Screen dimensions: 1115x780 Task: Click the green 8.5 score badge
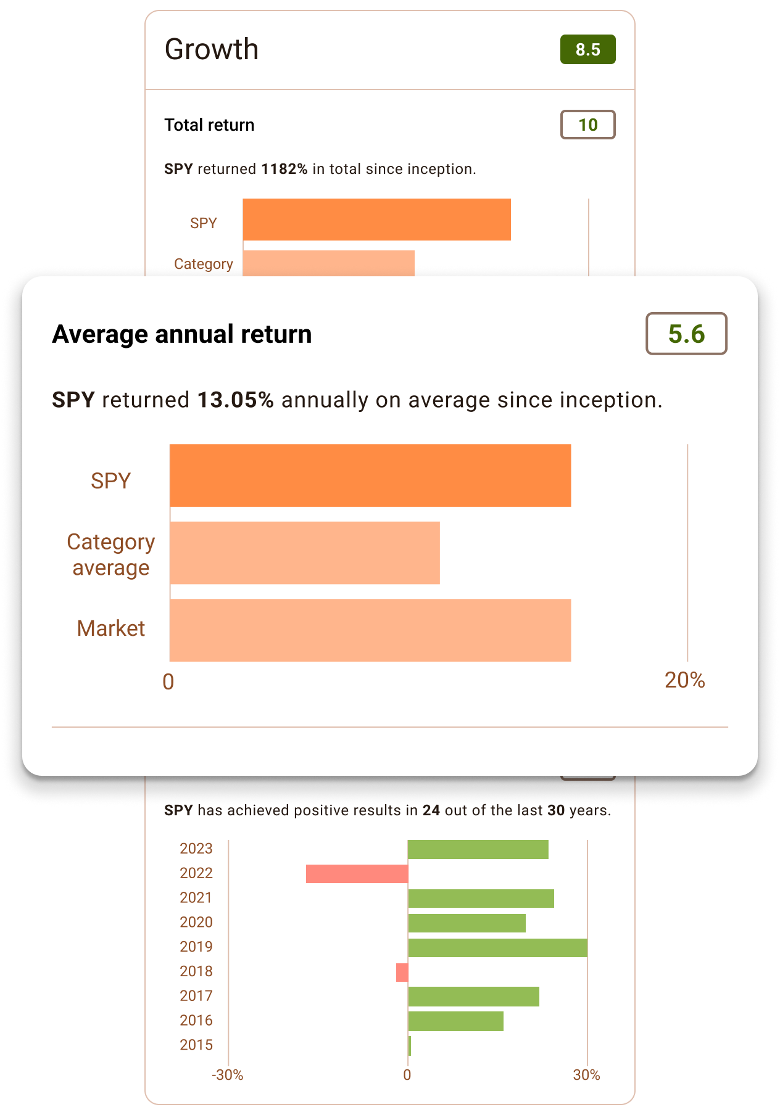coord(587,49)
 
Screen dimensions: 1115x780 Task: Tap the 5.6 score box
coord(686,334)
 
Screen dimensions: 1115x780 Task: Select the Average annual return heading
coord(182,334)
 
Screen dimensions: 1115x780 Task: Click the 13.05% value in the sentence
coord(235,400)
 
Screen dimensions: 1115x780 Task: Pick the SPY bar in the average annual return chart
coord(370,475)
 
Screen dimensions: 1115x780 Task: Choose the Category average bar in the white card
coord(305,553)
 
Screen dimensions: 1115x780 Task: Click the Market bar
coord(370,630)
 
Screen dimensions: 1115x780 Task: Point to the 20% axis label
coord(684,680)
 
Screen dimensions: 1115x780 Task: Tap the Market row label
coord(111,628)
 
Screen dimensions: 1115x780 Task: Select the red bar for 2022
coord(357,873)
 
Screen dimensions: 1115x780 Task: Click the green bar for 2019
coord(497,947)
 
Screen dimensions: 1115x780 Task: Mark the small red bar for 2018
coord(402,972)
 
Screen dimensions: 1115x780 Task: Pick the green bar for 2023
coord(478,849)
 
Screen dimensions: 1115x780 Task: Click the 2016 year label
coord(196,1021)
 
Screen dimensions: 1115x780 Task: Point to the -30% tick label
coord(227,1076)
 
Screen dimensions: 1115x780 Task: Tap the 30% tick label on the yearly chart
coord(586,1076)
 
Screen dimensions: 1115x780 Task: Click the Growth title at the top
coord(212,49)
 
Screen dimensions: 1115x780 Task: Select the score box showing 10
coord(587,125)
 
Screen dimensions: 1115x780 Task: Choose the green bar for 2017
coord(473,997)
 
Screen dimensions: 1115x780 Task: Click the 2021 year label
coord(196,898)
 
